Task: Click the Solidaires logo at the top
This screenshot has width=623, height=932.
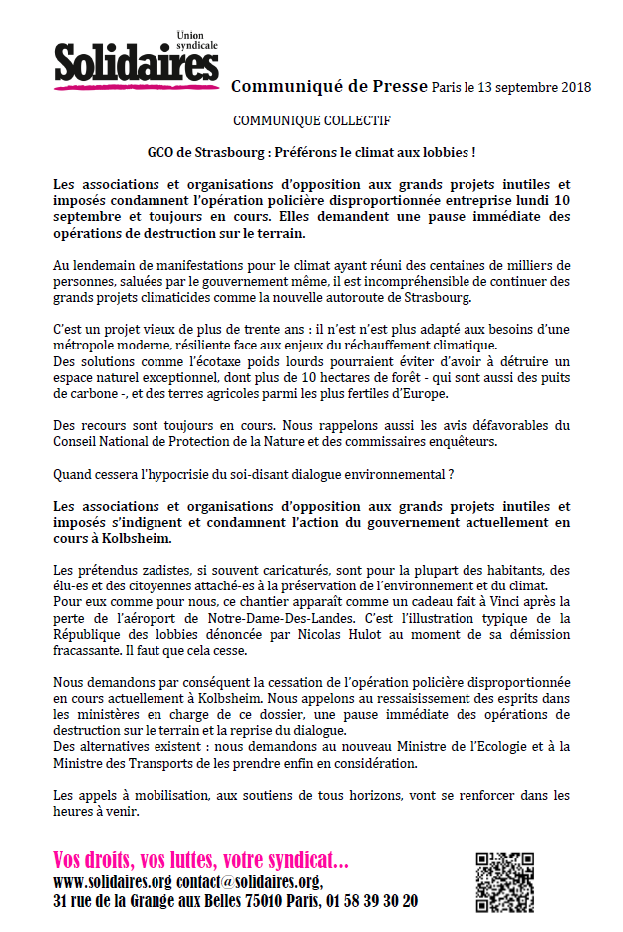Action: tap(137, 63)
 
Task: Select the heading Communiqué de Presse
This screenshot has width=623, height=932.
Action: tap(329, 86)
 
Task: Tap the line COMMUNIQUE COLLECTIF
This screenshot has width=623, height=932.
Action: tap(311, 120)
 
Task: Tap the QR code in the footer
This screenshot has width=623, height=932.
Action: tap(504, 882)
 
